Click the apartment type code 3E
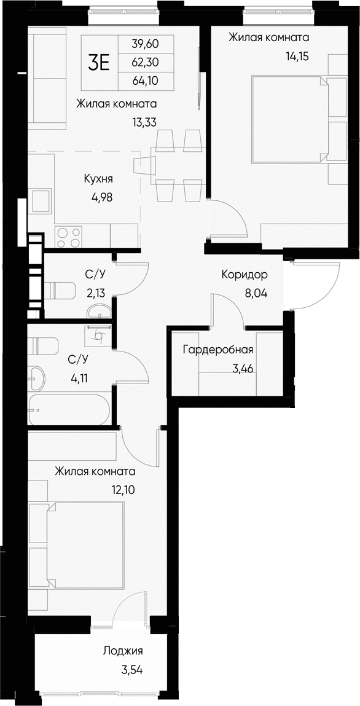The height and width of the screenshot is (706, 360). click(x=99, y=62)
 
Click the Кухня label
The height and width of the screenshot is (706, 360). click(x=98, y=179)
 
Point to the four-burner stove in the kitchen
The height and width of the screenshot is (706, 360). click(x=69, y=237)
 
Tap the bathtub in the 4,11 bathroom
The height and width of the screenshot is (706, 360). click(x=69, y=409)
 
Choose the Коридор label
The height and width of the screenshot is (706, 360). click(x=245, y=274)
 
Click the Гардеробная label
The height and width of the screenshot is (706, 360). click(x=218, y=350)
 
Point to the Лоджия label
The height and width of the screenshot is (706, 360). click(x=123, y=652)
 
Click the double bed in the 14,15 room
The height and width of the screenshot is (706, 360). click(x=289, y=119)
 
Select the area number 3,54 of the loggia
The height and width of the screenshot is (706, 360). click(x=131, y=670)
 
